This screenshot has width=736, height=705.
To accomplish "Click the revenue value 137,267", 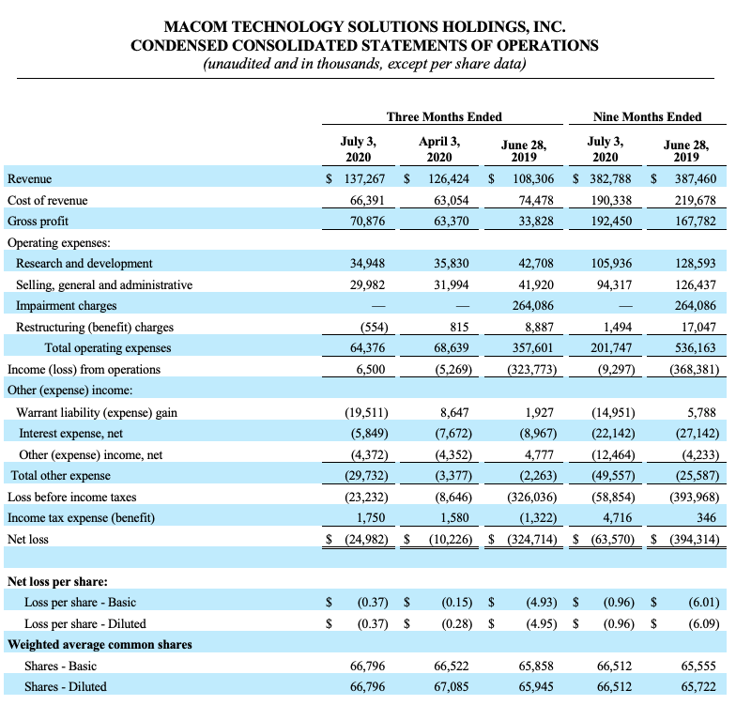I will click(363, 178).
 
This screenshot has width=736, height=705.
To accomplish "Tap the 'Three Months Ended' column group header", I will click(444, 116).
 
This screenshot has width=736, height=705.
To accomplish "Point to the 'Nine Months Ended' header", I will click(647, 116).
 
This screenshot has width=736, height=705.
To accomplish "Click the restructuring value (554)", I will click(374, 327).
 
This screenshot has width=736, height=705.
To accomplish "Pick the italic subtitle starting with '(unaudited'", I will click(366, 64).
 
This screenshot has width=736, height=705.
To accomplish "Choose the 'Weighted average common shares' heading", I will click(100, 644).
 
